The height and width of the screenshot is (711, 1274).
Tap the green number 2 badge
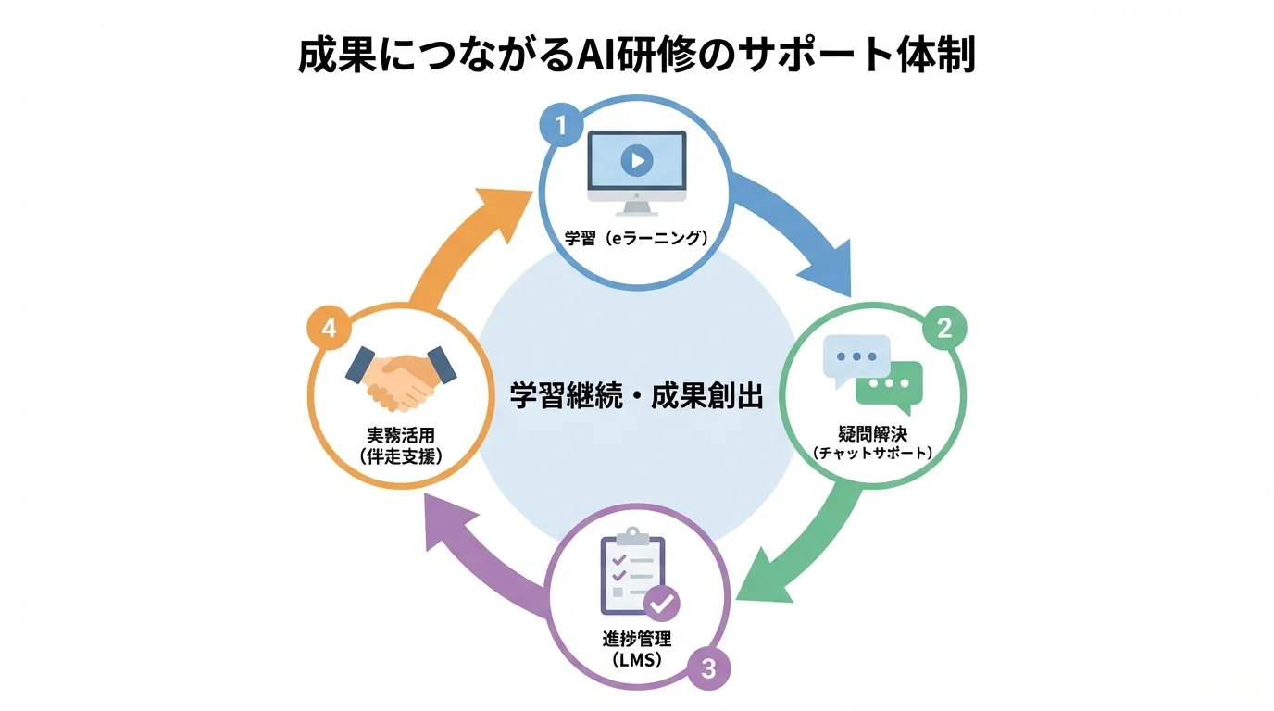943,329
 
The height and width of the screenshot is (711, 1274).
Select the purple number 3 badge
708,667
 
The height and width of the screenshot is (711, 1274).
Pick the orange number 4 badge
330,329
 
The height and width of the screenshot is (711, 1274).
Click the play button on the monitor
636,161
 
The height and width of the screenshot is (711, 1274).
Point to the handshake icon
401,377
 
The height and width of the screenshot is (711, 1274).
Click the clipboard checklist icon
632,574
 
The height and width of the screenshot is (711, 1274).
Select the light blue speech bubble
856,357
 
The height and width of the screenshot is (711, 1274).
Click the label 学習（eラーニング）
636,238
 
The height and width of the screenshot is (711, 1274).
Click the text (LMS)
636,659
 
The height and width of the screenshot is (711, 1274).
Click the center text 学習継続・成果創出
637,396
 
